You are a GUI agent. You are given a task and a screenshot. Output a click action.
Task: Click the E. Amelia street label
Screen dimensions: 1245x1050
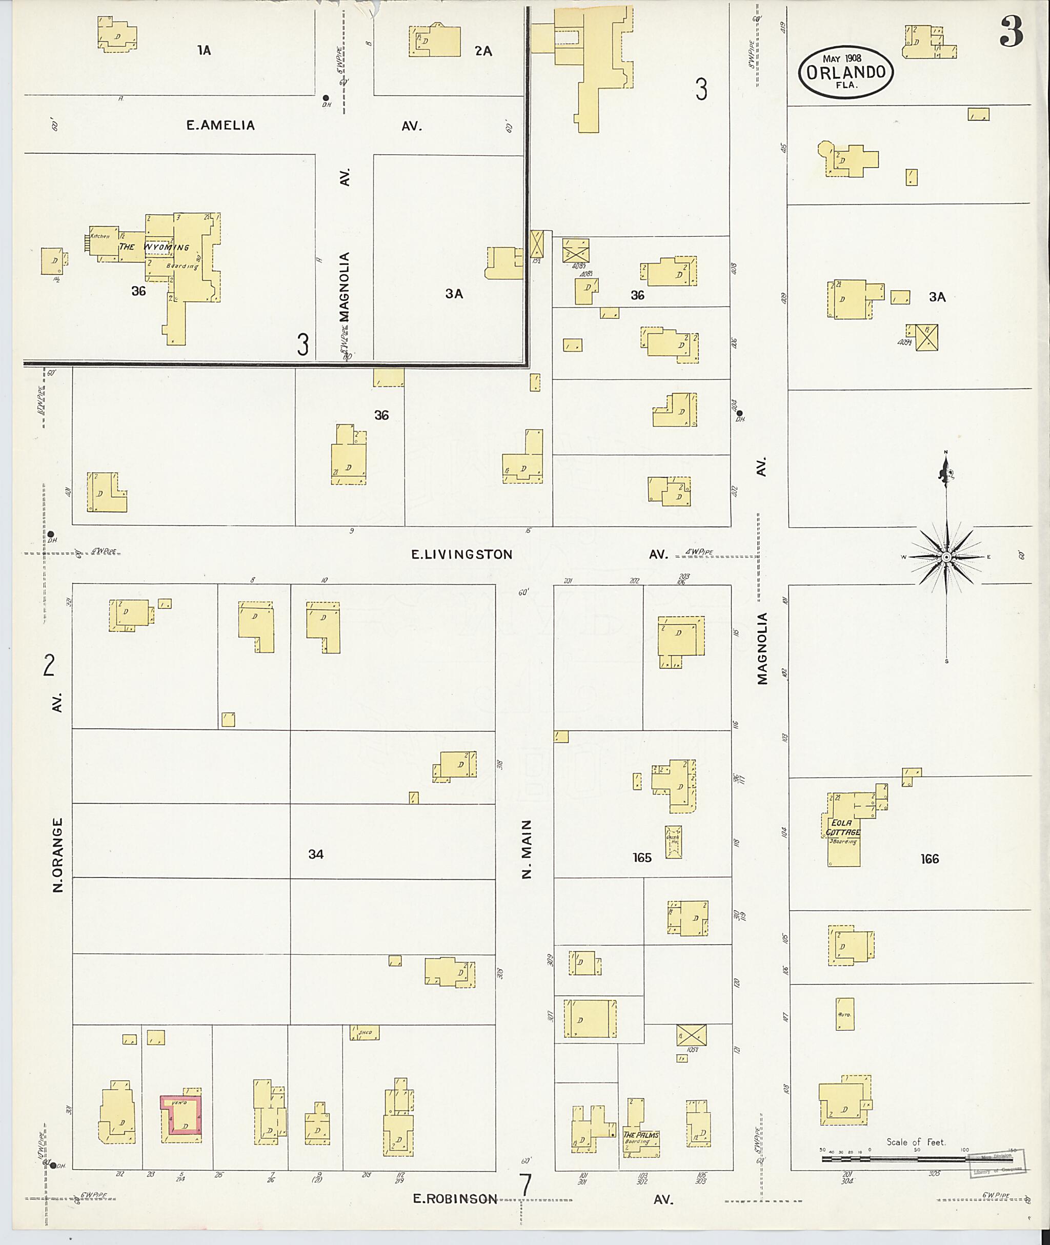pyautogui.click(x=220, y=126)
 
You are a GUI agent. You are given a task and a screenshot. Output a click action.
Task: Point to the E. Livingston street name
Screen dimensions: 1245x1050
pyautogui.click(x=462, y=555)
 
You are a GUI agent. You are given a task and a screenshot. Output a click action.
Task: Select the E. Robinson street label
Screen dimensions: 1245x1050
pyautogui.click(x=455, y=1198)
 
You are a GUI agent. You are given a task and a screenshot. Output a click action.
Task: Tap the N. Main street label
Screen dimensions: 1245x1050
pyautogui.click(x=526, y=849)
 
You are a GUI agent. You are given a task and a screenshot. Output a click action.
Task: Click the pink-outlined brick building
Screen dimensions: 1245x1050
pyautogui.click(x=181, y=1118)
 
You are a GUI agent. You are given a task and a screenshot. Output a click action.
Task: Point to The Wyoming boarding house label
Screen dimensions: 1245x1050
pyautogui.click(x=154, y=247)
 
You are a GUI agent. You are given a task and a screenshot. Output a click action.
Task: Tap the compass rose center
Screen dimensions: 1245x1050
pyautogui.click(x=946, y=557)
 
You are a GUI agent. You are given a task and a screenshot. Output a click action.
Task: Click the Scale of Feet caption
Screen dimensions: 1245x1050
pyautogui.click(x=916, y=1142)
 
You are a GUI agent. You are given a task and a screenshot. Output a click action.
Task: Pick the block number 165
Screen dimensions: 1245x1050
pyautogui.click(x=642, y=858)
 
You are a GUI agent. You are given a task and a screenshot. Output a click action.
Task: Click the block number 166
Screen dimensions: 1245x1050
pyautogui.click(x=929, y=858)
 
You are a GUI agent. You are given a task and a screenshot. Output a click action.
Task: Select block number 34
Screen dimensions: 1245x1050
pyautogui.click(x=315, y=854)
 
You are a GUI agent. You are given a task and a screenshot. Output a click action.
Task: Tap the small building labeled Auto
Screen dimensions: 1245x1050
pyautogui.click(x=844, y=1013)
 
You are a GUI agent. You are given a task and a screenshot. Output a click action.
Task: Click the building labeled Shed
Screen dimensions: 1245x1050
pyautogui.click(x=365, y=1032)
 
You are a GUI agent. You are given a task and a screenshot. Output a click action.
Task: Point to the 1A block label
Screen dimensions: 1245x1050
pyautogui.click(x=204, y=51)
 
